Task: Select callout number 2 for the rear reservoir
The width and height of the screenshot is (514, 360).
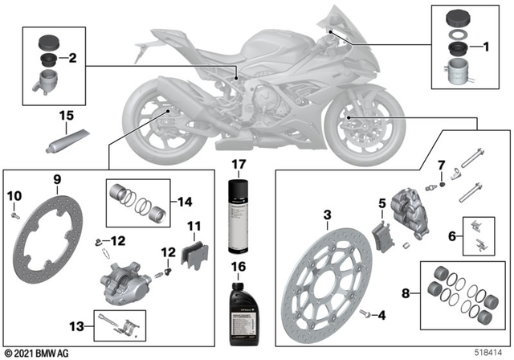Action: [x=72, y=59]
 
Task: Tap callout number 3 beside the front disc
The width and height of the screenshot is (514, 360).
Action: [x=327, y=215]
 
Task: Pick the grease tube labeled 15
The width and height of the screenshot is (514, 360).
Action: [x=64, y=141]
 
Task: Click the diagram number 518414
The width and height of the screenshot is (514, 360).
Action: [x=491, y=352]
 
